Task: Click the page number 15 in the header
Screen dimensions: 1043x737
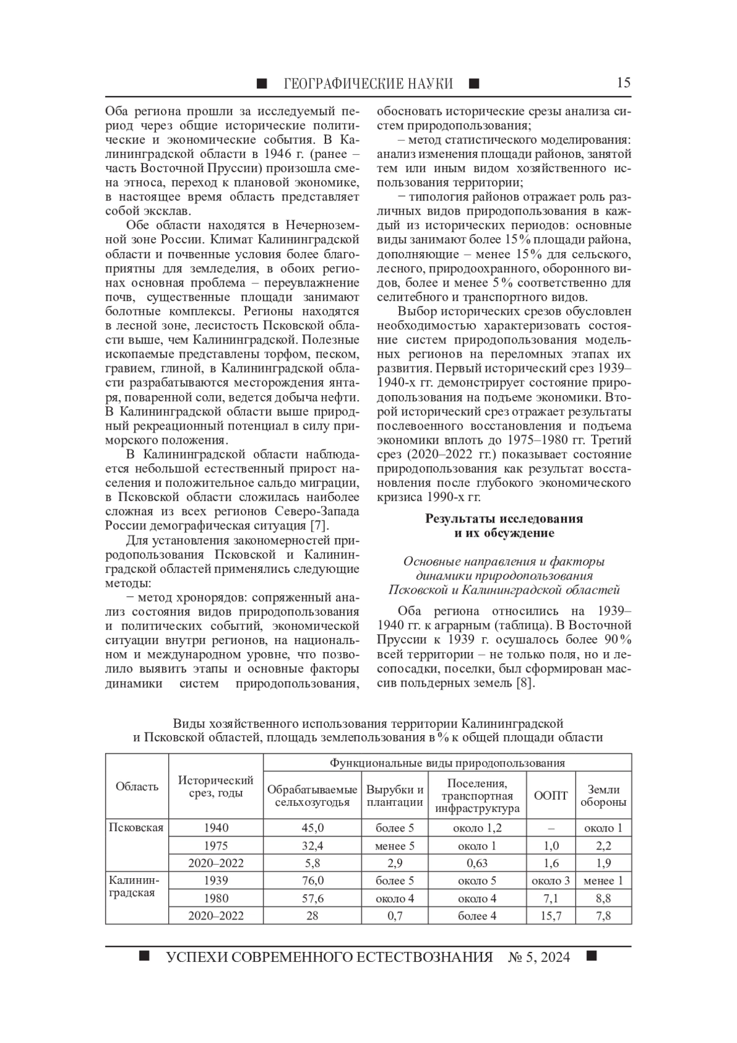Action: tap(623, 83)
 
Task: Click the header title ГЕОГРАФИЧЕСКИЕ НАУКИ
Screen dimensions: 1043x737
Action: tap(368, 84)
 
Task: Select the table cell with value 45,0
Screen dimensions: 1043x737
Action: tap(313, 828)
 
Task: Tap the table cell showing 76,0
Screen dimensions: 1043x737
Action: tap(313, 881)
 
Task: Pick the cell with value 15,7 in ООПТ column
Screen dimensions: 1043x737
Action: tap(551, 916)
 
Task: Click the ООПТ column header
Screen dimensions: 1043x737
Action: tap(551, 795)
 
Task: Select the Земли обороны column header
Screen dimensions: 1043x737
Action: tap(604, 795)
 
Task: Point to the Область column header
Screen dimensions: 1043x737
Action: tap(137, 787)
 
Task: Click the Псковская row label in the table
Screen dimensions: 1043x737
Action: tap(136, 827)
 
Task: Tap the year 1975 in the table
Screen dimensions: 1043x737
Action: tap(216, 846)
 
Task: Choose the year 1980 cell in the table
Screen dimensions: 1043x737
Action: tap(216, 899)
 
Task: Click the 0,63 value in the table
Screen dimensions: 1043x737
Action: tap(477, 863)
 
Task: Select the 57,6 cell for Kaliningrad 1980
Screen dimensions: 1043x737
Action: tap(313, 899)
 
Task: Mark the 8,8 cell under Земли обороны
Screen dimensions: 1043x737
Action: tap(604, 899)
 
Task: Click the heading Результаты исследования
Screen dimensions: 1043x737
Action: tap(504, 519)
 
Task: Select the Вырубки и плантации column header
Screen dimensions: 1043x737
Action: tap(395, 795)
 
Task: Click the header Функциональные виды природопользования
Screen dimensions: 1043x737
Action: tap(447, 763)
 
